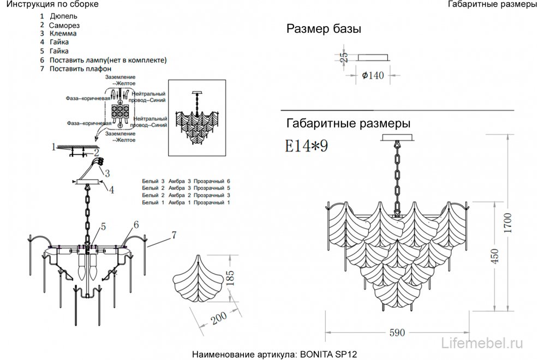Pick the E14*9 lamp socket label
tap(306, 146)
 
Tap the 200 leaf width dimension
tap(219, 319)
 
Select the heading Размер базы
tap(324, 29)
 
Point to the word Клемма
tap(63, 33)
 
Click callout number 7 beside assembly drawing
tap(174, 236)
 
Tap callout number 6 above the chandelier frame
tap(135, 224)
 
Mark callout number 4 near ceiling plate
tap(111, 190)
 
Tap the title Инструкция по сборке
tap(50, 4)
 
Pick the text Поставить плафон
tap(80, 69)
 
